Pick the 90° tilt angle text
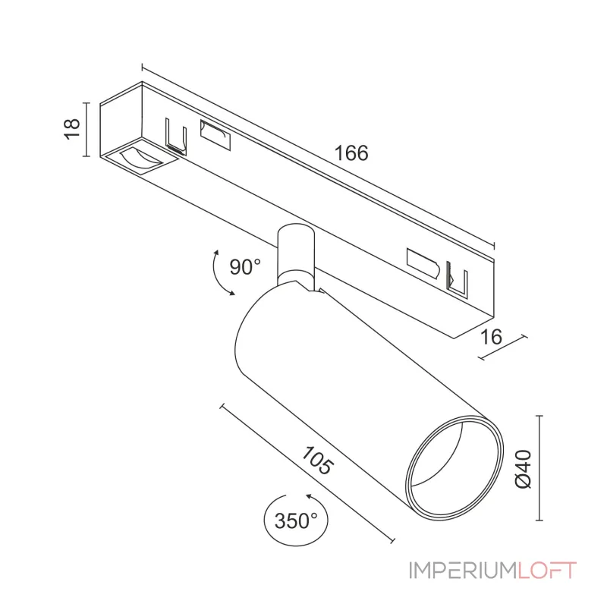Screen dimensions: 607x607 pos(245,266)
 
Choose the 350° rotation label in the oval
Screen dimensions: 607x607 pos(296,521)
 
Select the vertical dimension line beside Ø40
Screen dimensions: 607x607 pos(539,467)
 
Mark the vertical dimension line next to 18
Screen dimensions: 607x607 pos(88,130)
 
